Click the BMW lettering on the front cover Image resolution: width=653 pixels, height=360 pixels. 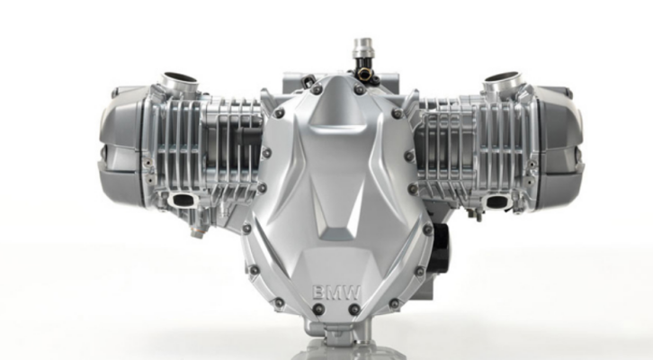click(x=336, y=292)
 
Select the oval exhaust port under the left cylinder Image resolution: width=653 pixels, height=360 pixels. click(x=183, y=201)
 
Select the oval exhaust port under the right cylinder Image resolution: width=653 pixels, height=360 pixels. click(x=497, y=202)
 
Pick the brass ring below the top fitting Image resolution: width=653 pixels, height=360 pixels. click(x=364, y=74)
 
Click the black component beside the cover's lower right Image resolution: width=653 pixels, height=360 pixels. click(x=440, y=247)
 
